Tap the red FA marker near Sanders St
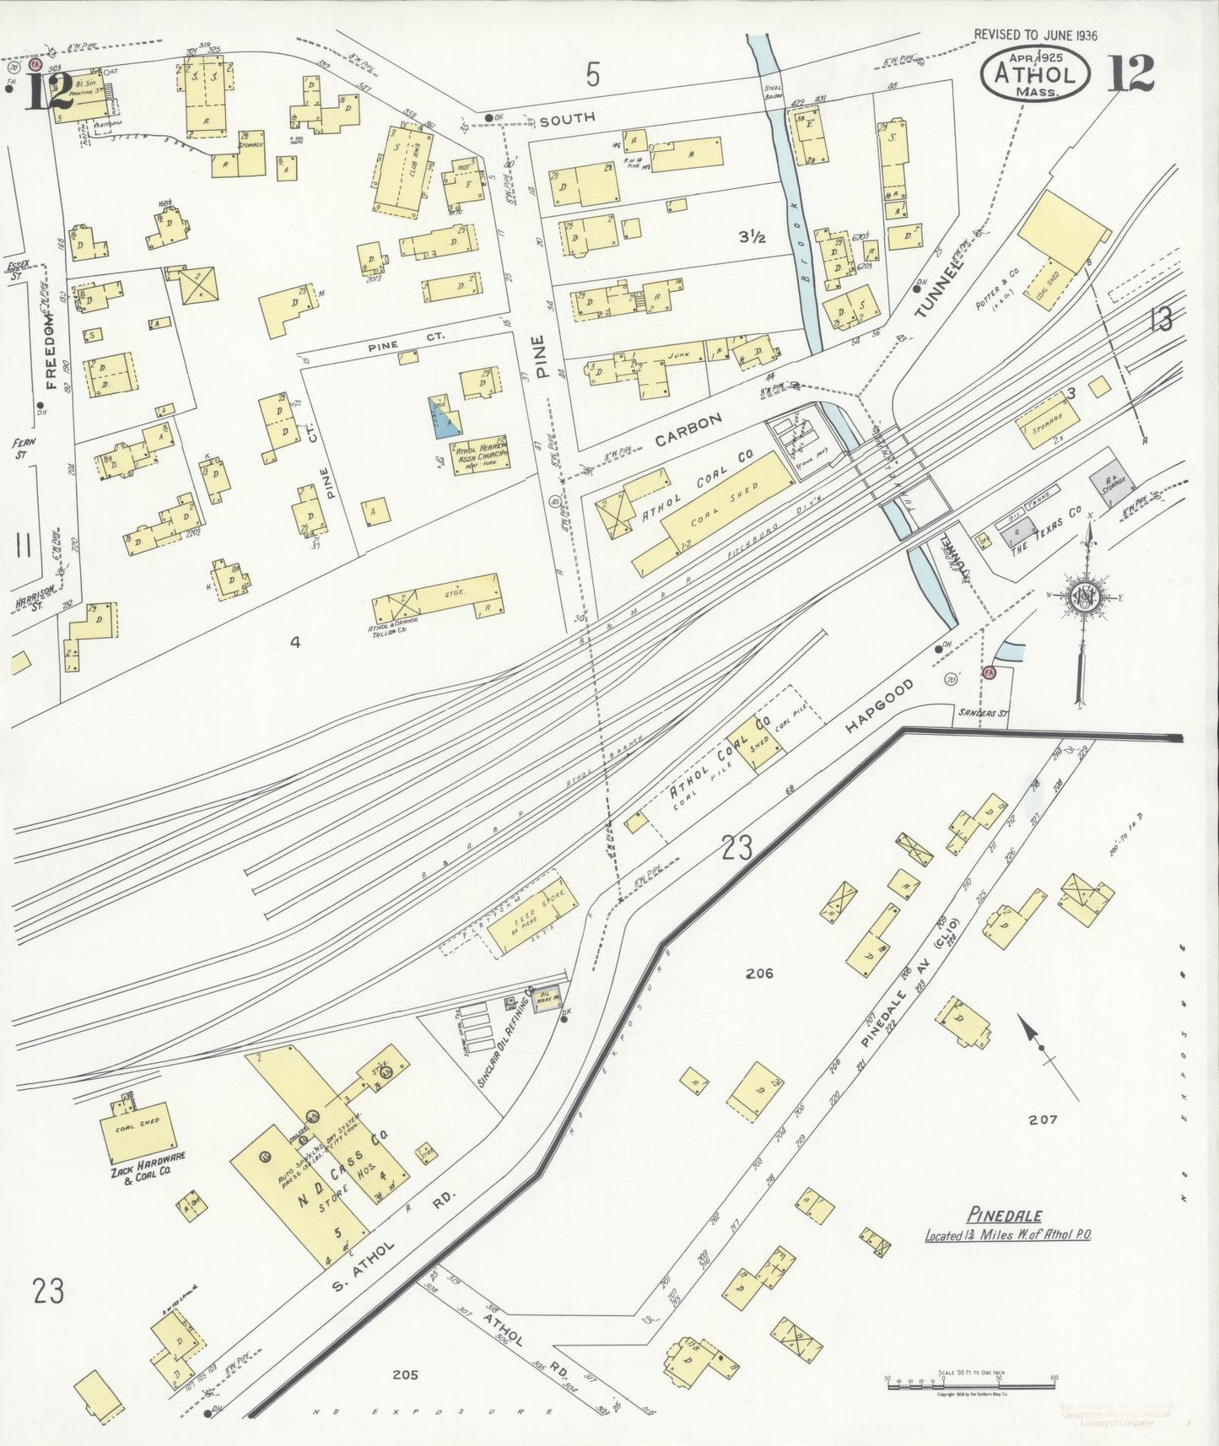990,672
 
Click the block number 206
759,973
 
